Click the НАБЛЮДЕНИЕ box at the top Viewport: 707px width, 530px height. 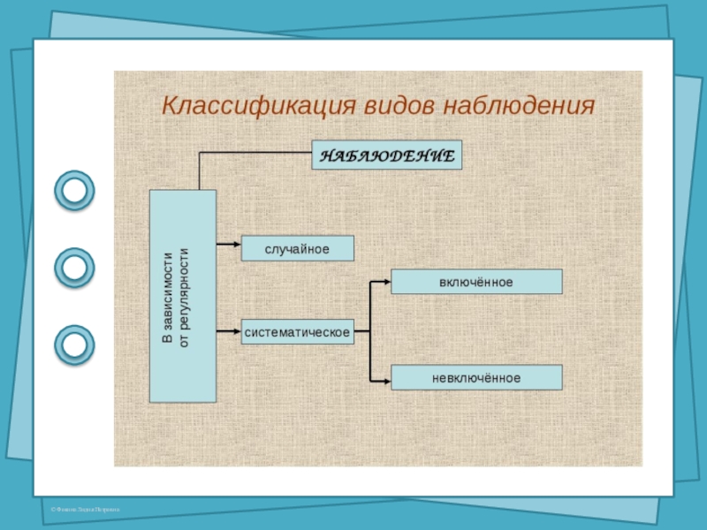[x=386, y=155]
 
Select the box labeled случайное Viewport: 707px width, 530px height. [x=297, y=248]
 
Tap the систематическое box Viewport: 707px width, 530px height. [x=297, y=332]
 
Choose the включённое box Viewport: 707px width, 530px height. [x=476, y=282]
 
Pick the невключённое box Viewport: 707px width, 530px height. [x=476, y=378]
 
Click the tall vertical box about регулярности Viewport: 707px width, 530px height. [x=183, y=296]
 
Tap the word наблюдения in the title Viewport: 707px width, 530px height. [x=519, y=106]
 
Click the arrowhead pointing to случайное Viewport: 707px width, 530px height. [x=236, y=240]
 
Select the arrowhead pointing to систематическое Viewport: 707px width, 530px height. [x=236, y=332]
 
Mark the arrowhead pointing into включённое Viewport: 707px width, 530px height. [x=386, y=282]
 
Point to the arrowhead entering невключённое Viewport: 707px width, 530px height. [x=386, y=381]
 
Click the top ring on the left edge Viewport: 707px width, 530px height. [x=75, y=190]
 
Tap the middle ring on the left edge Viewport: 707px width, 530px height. [x=75, y=267]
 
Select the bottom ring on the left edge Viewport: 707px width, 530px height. [x=75, y=344]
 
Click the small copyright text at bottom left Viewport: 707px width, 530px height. [x=85, y=510]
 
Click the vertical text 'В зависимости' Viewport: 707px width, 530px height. [x=169, y=297]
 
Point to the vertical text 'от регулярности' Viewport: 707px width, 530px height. [x=185, y=297]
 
